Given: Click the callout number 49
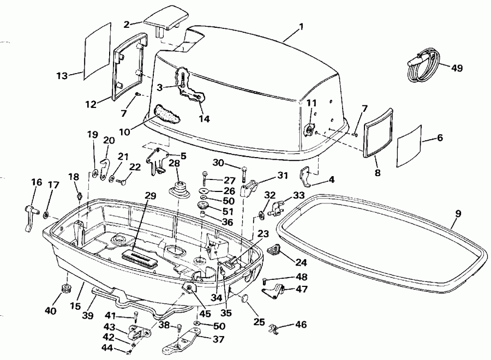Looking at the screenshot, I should point(457,68).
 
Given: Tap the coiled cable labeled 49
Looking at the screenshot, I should point(422,64).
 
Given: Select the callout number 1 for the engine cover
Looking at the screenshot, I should point(301,26).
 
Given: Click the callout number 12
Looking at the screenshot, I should point(91,104).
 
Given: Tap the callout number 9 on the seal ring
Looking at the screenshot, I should point(458,213).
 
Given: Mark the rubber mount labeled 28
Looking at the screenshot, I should point(178,187).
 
